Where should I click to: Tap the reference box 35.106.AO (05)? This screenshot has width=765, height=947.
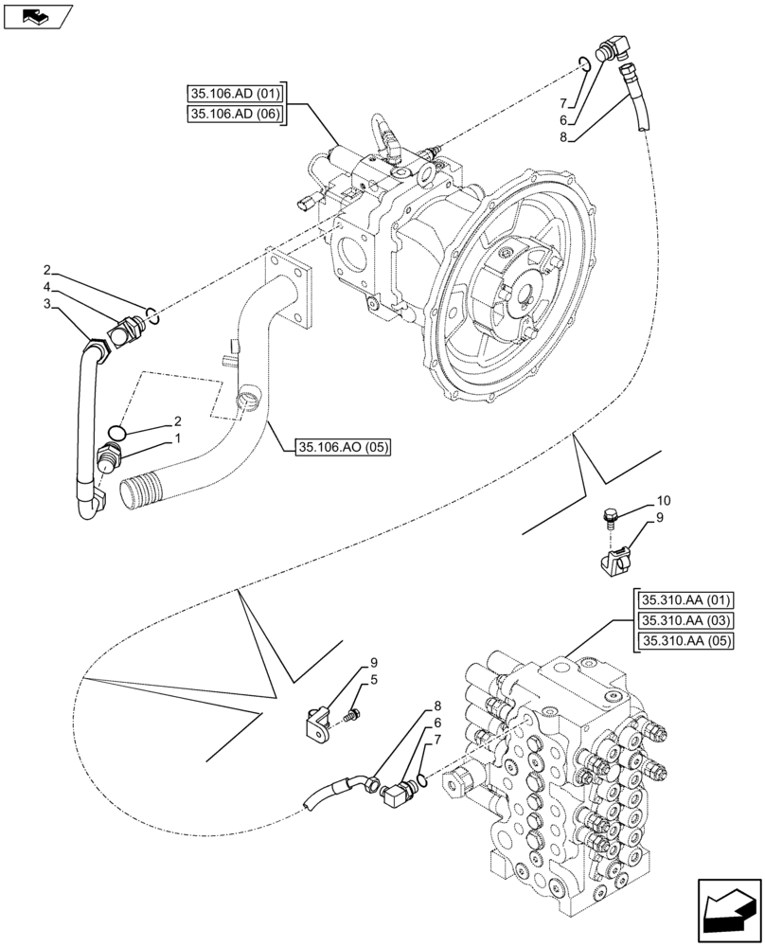pyautogui.click(x=343, y=447)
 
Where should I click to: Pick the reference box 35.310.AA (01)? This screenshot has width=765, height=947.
pyautogui.click(x=685, y=599)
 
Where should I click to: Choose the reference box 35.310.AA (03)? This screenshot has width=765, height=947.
pyautogui.click(x=685, y=620)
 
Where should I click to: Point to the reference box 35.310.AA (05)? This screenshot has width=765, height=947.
pyautogui.click(x=685, y=642)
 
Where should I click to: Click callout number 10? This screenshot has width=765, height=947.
pyautogui.click(x=663, y=500)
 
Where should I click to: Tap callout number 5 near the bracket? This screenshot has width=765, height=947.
pyautogui.click(x=375, y=679)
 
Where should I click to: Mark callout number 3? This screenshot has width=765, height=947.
pyautogui.click(x=46, y=303)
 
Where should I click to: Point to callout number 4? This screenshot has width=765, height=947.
pyautogui.click(x=46, y=286)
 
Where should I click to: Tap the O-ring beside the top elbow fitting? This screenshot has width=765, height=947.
pyautogui.click(x=585, y=63)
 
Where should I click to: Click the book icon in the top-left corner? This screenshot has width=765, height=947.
pyautogui.click(x=37, y=15)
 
